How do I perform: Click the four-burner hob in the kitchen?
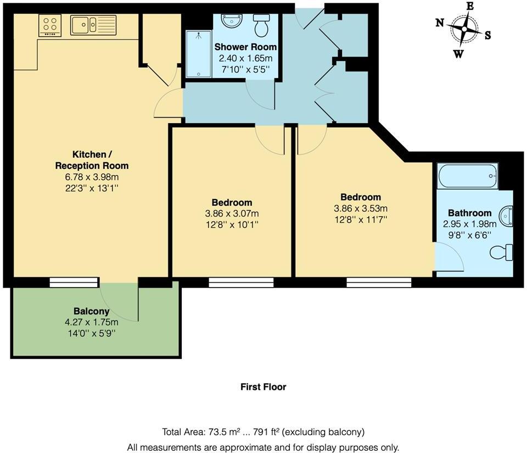(x=50, y=25)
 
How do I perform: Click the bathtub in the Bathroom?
(x=468, y=176)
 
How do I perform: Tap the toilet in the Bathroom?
(x=501, y=253)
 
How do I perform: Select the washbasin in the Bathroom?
(x=506, y=216)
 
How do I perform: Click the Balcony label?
(x=92, y=311)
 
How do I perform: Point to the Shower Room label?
(x=245, y=47)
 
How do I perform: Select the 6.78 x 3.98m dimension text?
(x=92, y=176)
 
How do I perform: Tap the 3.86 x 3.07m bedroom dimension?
(x=232, y=213)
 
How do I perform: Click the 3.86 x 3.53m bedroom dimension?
(x=361, y=208)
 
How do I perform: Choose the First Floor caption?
(x=263, y=387)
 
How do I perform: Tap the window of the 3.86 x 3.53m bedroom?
(x=379, y=282)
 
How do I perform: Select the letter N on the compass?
(x=440, y=23)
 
